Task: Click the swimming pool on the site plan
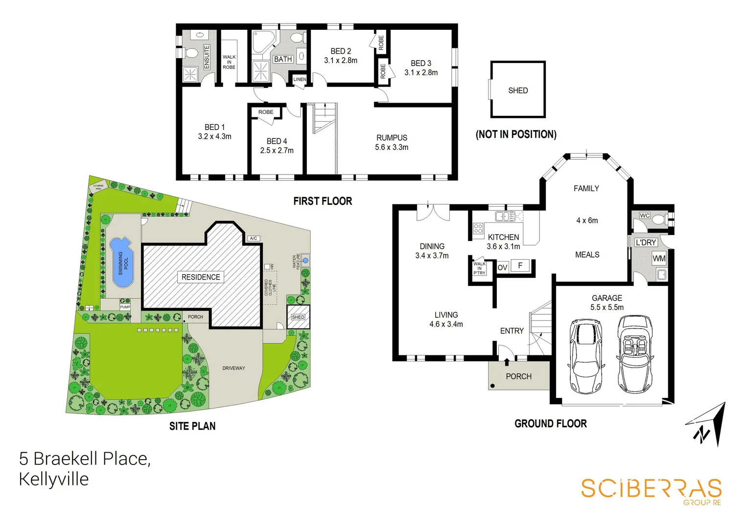121,263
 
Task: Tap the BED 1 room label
214,127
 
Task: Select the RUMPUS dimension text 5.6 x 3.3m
392,147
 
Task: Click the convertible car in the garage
635,353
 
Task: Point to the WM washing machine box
659,258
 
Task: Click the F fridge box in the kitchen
520,266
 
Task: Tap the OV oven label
502,267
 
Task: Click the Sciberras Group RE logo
651,490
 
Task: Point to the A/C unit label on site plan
253,239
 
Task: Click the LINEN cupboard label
300,79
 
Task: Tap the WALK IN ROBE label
229,62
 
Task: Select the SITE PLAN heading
192,426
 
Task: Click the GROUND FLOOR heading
550,424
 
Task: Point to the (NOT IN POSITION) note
516,134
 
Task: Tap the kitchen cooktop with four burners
478,228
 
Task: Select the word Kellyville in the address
54,479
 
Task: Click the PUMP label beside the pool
125,307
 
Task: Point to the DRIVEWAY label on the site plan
234,368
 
